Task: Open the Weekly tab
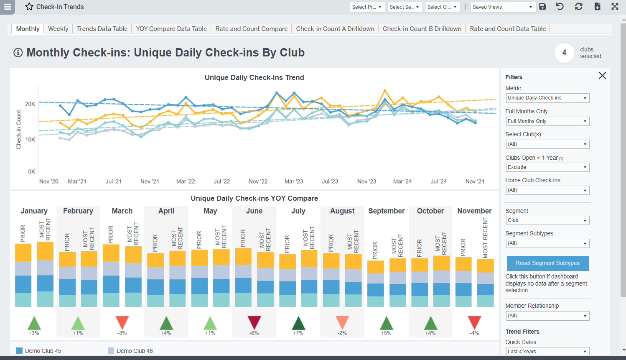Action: [58, 29]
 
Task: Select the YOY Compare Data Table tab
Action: [171, 29]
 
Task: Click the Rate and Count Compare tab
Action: [251, 29]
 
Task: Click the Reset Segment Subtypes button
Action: [547, 263]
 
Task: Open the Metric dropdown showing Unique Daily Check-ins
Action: [547, 98]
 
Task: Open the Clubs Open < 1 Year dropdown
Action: [547, 167]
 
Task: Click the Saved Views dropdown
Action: [503, 7]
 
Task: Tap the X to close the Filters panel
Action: [602, 76]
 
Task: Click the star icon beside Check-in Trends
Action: [29, 7]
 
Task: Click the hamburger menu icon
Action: [8, 7]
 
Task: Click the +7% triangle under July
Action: [298, 323]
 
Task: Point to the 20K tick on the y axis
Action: [30, 104]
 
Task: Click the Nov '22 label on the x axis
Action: [258, 181]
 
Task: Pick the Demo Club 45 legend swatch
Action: [19, 351]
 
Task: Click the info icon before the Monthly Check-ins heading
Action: [18, 53]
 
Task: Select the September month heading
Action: [386, 211]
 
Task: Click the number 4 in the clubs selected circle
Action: [564, 53]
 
